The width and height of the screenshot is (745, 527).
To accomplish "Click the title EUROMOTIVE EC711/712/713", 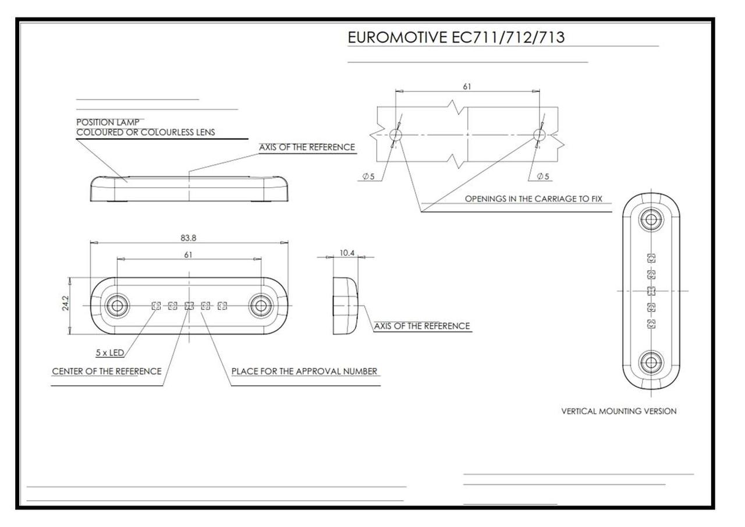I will tap(456, 37).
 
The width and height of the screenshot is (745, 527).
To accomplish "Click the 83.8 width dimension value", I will tap(188, 238).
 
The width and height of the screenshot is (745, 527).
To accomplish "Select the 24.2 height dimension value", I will tap(65, 303).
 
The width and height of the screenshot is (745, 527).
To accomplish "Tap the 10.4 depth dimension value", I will tap(347, 253).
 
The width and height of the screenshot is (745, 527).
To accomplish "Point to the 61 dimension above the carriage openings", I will tap(467, 87).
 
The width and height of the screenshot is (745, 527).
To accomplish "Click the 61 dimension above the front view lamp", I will tap(188, 254).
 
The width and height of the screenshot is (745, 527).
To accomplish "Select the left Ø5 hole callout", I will tap(368, 176).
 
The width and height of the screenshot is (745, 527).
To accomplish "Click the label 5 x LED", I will tap(110, 353).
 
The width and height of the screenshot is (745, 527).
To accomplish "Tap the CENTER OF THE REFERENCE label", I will tap(107, 371).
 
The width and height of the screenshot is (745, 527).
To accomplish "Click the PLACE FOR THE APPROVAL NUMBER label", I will tap(304, 371).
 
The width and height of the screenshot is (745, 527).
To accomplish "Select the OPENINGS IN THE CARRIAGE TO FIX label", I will tap(533, 199).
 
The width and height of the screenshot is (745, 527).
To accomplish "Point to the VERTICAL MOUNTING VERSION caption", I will tap(619, 411).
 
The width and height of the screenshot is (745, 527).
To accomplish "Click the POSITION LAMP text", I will tap(108, 122).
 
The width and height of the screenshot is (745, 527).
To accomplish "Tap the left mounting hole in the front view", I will tap(117, 305).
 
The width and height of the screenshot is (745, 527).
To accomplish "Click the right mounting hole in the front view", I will tap(260, 305).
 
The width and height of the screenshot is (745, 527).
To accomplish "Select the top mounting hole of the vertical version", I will tap(651, 220).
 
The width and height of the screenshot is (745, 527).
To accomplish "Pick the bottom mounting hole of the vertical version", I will tap(651, 363).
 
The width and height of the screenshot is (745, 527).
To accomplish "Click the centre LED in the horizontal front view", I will tap(189, 306).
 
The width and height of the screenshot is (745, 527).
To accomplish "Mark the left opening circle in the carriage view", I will tap(395, 135).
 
